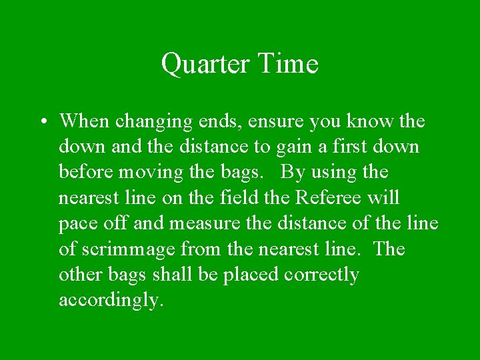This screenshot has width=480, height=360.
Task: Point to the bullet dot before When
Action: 42,122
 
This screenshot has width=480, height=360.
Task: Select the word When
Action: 85,121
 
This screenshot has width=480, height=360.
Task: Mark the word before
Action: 86,172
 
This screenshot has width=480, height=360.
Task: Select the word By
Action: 292,173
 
